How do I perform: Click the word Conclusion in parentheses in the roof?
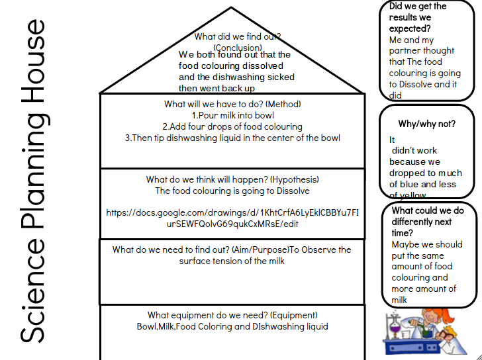(237, 48)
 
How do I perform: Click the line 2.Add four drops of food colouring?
(232, 126)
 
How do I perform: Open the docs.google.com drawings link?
(232, 218)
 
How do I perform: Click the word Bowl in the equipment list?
(148, 326)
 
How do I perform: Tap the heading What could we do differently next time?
(426, 222)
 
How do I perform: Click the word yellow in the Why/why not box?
(414, 196)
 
